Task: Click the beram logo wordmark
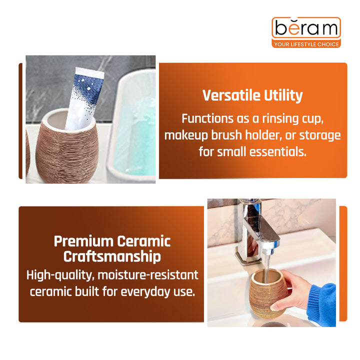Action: (x=305, y=28)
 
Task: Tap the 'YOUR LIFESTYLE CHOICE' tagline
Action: (x=306, y=44)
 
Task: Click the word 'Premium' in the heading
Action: (x=83, y=241)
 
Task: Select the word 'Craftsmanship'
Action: (x=112, y=257)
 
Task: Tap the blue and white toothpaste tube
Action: (x=84, y=97)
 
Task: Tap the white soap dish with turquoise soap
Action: (x=131, y=130)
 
